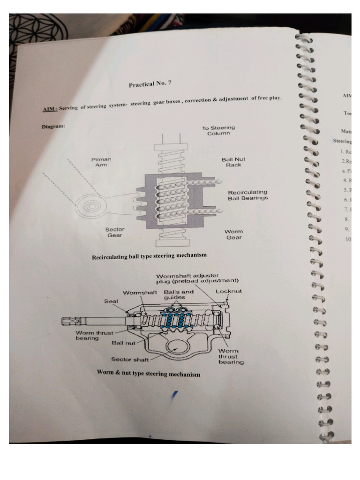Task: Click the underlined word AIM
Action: [x=49, y=109]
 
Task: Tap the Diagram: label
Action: [x=52, y=127]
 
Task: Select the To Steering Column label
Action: [x=218, y=131]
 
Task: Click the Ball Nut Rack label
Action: [x=233, y=162]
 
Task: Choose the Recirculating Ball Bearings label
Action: [x=248, y=195]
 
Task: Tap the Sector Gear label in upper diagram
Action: [x=114, y=232]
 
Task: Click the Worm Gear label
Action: [x=234, y=234]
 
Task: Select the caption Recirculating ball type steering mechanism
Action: [x=149, y=255]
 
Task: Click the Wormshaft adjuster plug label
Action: [x=197, y=278]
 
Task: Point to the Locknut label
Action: [x=229, y=291]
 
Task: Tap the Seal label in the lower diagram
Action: [x=111, y=301]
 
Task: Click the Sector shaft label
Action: [x=130, y=360]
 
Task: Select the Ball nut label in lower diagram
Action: [x=123, y=343]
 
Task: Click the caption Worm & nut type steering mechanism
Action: [x=148, y=374]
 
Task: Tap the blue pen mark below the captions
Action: [x=175, y=396]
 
